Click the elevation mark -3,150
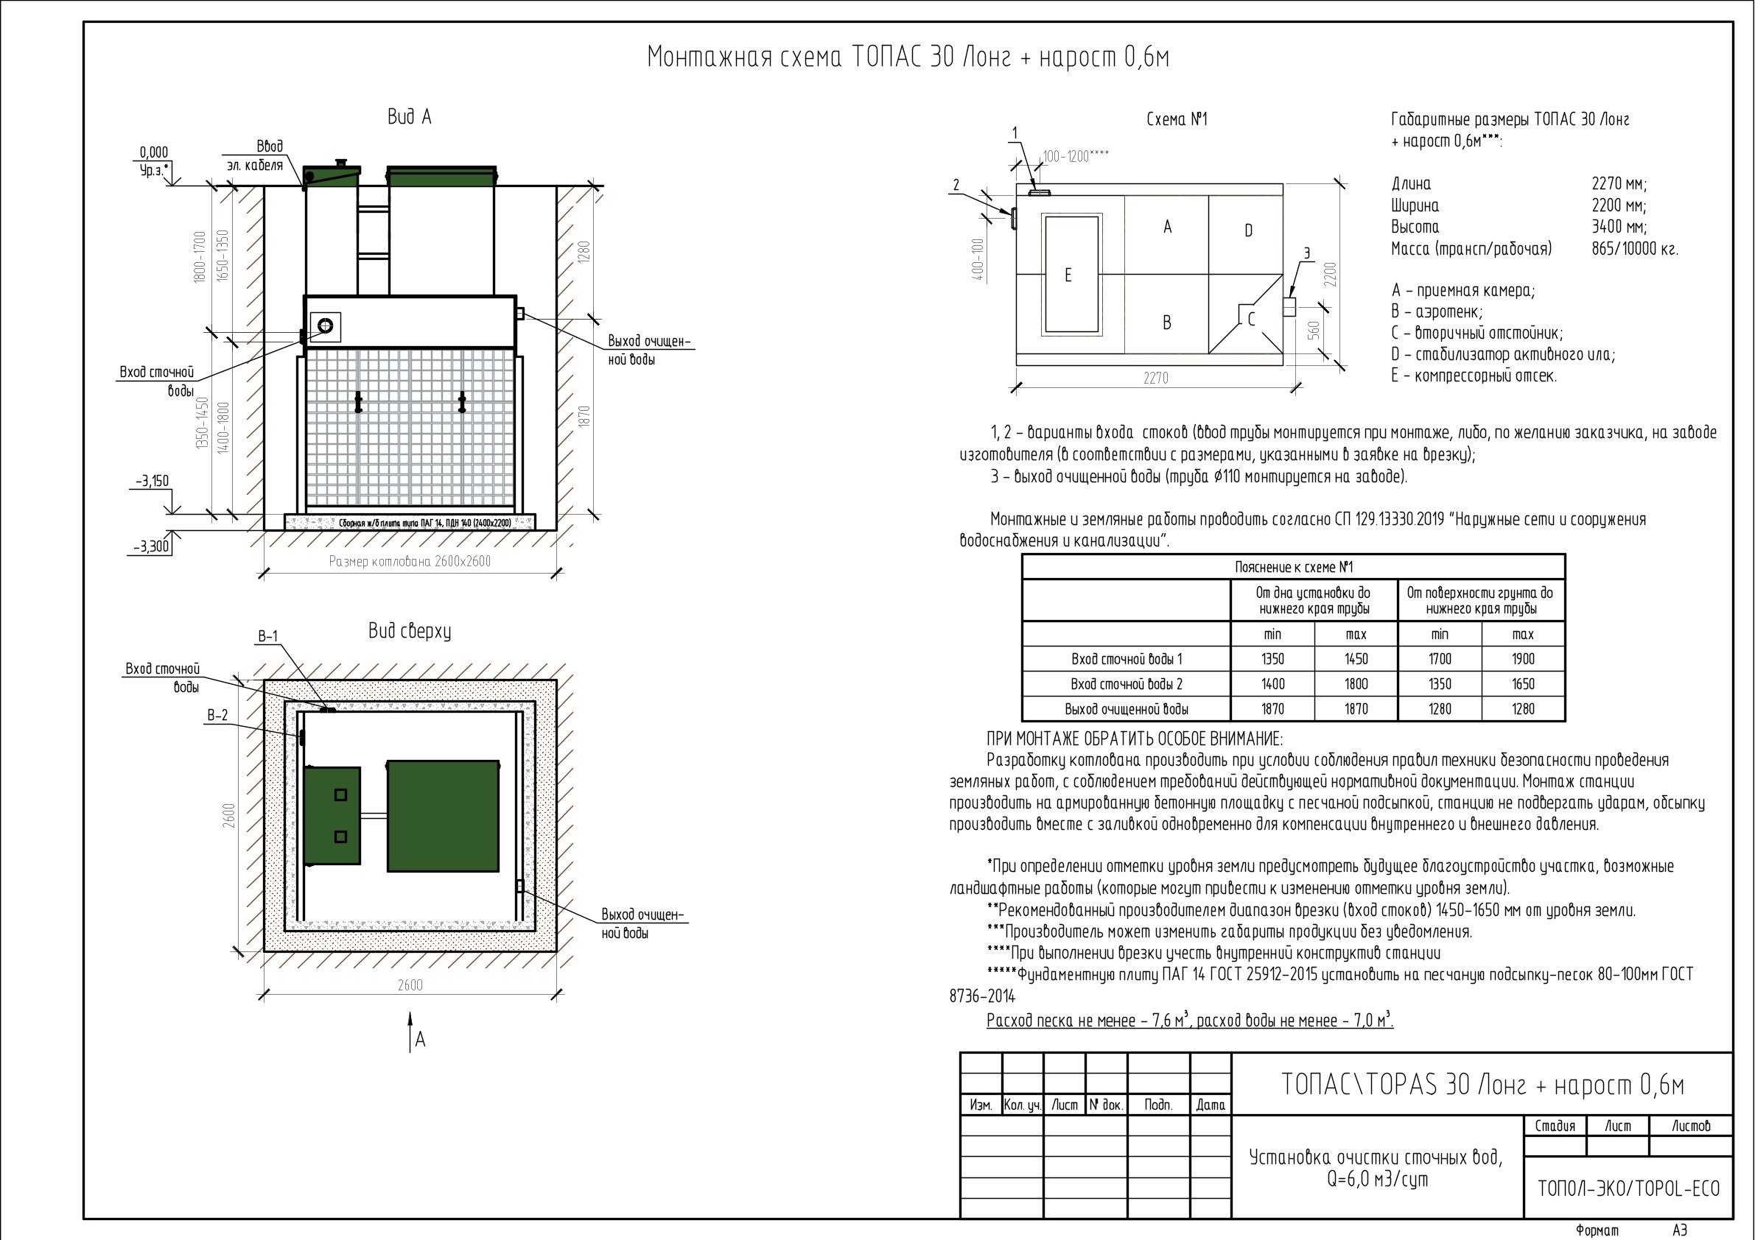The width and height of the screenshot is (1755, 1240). coord(152,482)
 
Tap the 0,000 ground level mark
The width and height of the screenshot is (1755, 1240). coord(154,152)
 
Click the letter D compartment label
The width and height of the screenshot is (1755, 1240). coord(1248,230)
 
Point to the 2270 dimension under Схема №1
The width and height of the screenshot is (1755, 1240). coord(1155,378)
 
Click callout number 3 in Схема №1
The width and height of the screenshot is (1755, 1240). coord(1306,253)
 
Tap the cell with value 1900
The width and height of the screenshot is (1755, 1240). coord(1523,658)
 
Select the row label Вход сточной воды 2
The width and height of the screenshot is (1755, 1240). coord(1126,684)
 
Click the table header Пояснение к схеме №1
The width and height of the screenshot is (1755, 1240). coord(1293,567)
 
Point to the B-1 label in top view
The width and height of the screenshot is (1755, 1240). coord(267,636)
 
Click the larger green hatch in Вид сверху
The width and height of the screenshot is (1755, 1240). coord(443,815)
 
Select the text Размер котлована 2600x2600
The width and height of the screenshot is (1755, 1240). coord(410,562)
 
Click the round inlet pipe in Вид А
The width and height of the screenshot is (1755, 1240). coord(326,326)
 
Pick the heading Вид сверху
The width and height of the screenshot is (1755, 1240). coord(410,631)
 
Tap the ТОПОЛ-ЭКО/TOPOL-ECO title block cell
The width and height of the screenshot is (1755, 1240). coord(1628,1188)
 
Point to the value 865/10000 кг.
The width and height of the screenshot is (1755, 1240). coord(1635,249)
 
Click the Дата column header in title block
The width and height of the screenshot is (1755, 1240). coord(1211,1105)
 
